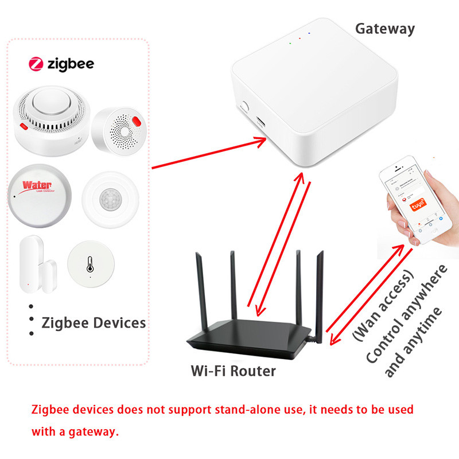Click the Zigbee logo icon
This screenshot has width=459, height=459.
pyautogui.click(x=36, y=64)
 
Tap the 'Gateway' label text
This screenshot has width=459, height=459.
pyautogui.click(x=384, y=29)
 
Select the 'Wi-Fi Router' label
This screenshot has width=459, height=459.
pyautogui.click(x=233, y=371)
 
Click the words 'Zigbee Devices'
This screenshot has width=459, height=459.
pyautogui.click(x=94, y=322)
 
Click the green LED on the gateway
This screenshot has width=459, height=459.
pyautogui.click(x=290, y=42)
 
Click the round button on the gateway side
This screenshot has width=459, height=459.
pyautogui.click(x=246, y=107)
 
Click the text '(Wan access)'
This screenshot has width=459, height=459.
pyautogui.click(x=383, y=304)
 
